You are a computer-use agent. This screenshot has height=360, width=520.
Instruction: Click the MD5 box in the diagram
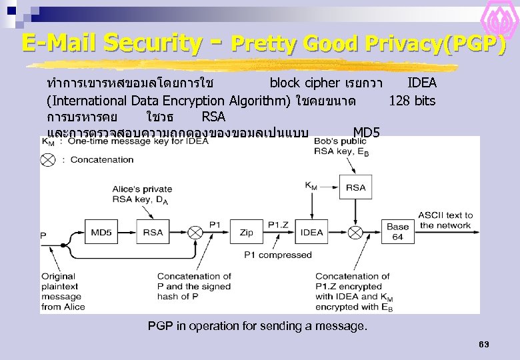(x=101, y=233)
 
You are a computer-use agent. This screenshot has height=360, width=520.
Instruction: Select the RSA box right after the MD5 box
(x=153, y=233)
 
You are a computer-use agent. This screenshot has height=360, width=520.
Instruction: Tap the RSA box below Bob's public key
(x=355, y=187)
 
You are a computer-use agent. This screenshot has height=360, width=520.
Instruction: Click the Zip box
(x=246, y=233)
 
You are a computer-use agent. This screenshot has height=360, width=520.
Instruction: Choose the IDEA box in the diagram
(x=311, y=233)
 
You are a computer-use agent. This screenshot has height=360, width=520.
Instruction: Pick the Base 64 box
(x=397, y=232)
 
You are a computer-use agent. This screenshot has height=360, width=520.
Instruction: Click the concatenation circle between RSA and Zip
(x=195, y=233)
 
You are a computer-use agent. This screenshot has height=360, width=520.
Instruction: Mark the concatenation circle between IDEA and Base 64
(x=355, y=233)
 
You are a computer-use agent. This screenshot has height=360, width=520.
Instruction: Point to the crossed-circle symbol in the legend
(x=48, y=159)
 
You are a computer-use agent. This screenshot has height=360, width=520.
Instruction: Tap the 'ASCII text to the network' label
(x=445, y=220)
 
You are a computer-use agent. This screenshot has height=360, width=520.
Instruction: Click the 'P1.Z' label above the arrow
(x=278, y=225)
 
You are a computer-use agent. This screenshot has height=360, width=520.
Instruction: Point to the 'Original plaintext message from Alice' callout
(x=63, y=291)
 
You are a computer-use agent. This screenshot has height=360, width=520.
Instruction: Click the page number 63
(x=484, y=344)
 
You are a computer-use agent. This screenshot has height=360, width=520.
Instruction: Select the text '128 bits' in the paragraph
(x=412, y=101)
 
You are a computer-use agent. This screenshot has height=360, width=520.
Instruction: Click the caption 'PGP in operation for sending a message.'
(x=257, y=326)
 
